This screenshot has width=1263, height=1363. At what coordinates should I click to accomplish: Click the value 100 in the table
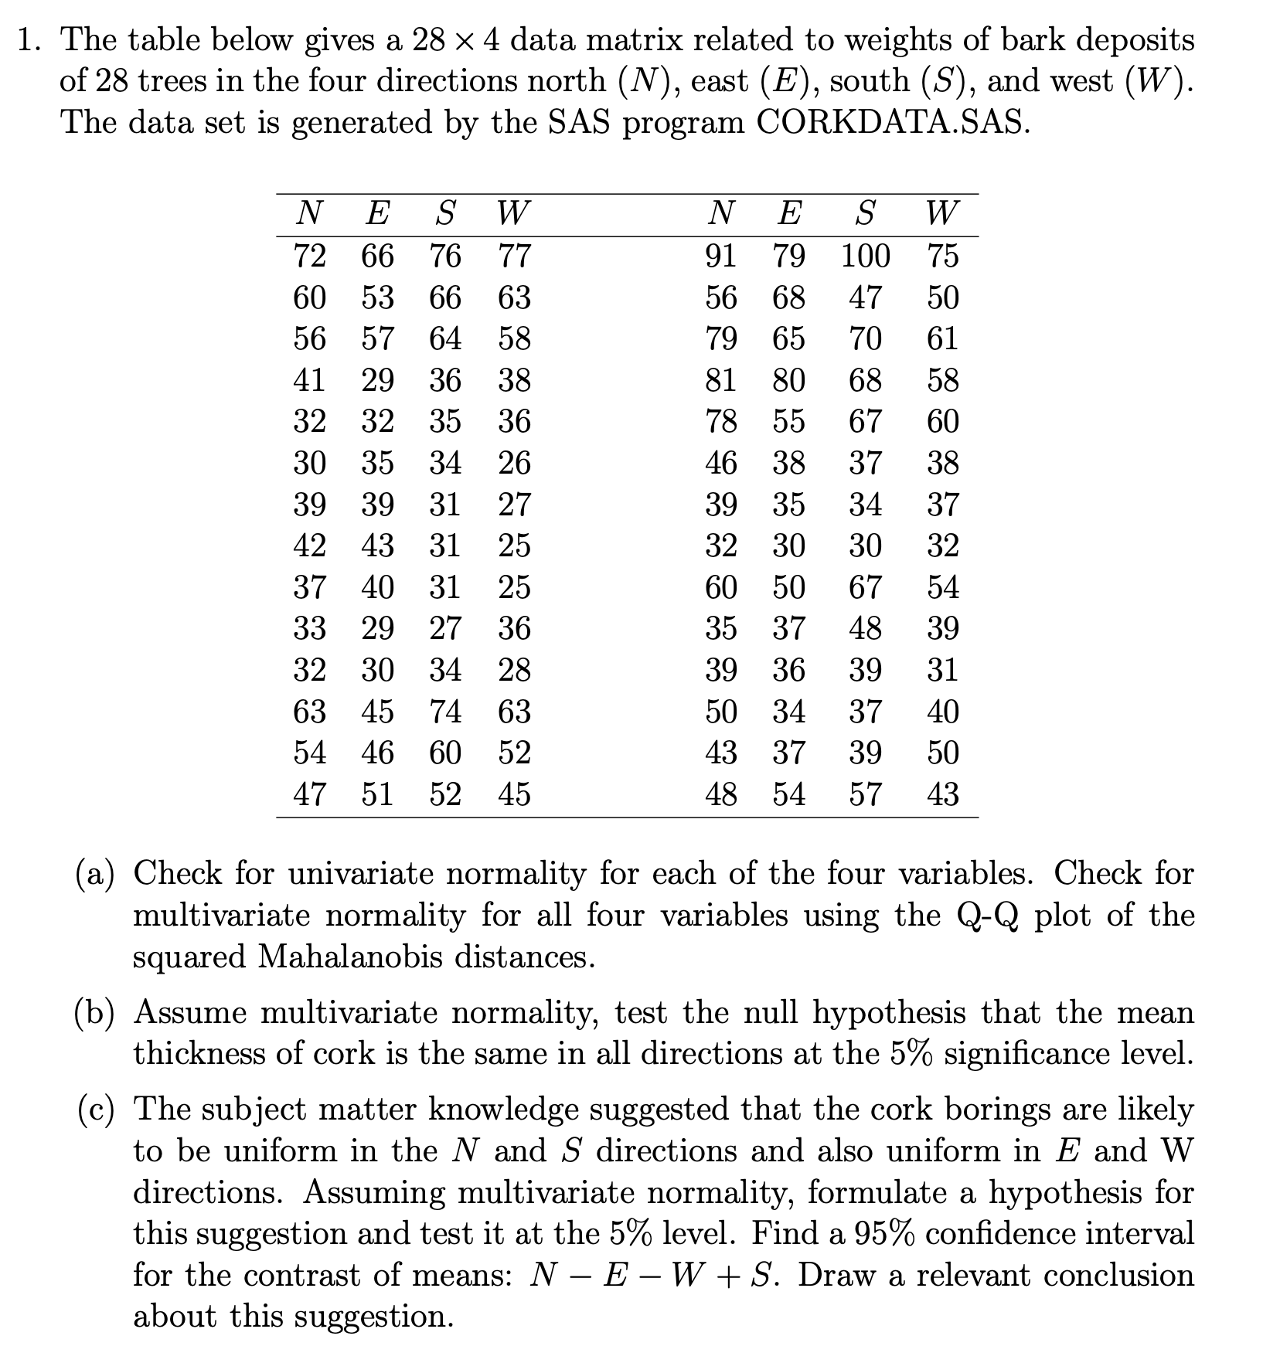point(865,256)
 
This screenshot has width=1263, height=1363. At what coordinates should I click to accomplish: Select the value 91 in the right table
point(720,256)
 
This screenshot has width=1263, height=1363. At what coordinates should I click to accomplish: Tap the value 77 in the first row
point(514,256)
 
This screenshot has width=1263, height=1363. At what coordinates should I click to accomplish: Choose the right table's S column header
point(866,212)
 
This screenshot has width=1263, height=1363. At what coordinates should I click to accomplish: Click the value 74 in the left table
point(446,712)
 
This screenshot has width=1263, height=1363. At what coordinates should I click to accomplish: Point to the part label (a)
point(94,874)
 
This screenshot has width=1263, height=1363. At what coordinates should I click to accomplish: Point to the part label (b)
point(94,1012)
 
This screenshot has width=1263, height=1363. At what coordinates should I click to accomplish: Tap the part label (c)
point(94,1110)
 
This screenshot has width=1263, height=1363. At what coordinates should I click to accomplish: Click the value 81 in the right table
point(720,380)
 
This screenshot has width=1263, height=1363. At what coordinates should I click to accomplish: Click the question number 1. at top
point(29,40)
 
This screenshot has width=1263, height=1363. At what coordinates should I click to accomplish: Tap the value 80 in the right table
point(788,380)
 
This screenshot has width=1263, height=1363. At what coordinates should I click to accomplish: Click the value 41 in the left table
point(310,380)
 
